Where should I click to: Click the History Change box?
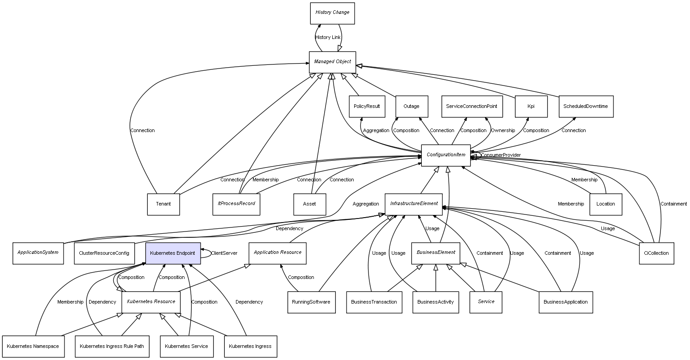pyautogui.click(x=332, y=13)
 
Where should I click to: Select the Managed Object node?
pyautogui.click(x=332, y=62)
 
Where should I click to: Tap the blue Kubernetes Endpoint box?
pyautogui.click(x=172, y=253)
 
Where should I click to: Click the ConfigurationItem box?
pyautogui.click(x=446, y=155)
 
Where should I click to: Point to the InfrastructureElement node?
pyautogui.click(x=414, y=204)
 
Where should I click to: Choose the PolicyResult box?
pyautogui.click(x=366, y=107)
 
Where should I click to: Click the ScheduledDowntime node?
pyautogui.click(x=585, y=107)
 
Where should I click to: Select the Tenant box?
pyautogui.click(x=163, y=204)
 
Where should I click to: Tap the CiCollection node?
pyautogui.click(x=656, y=253)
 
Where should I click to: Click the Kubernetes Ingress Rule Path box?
pyautogui.click(x=112, y=346)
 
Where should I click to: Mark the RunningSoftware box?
pyautogui.click(x=311, y=302)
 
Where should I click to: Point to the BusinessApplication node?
pyautogui.click(x=566, y=302)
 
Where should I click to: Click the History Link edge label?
pyautogui.click(x=328, y=37)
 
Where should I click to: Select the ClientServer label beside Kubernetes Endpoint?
pyautogui.click(x=224, y=253)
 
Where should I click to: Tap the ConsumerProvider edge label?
pyautogui.click(x=501, y=155)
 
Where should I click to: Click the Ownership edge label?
pyautogui.click(x=503, y=130)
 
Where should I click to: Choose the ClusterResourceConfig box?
pyautogui.click(x=104, y=253)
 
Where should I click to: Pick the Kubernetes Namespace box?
pyautogui.click(x=33, y=346)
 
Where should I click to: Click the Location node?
pyautogui.click(x=605, y=204)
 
